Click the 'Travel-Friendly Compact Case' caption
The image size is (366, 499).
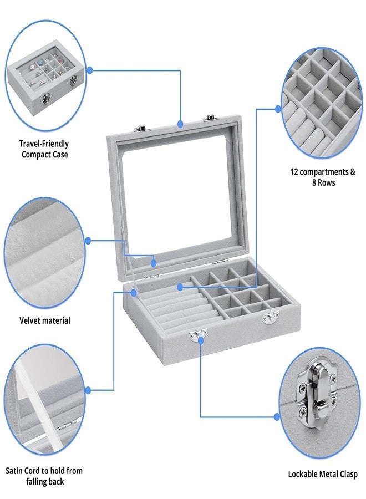44,149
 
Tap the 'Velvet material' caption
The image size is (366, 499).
45,320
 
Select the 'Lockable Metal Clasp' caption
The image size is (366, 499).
323,474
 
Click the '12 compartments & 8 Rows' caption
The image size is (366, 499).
323,177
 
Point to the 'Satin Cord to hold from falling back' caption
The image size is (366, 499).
44,476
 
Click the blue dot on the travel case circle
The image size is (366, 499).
90,70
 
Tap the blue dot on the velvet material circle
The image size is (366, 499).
88,241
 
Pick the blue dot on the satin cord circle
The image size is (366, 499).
88,390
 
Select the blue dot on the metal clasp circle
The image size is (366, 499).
277,417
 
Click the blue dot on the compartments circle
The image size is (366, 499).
278,109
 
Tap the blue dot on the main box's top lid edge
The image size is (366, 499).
180,124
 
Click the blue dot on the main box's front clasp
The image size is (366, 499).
201,340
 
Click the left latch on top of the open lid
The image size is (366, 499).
140,128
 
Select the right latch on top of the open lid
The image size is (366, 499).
207,119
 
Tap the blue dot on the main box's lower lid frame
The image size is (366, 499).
154,263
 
